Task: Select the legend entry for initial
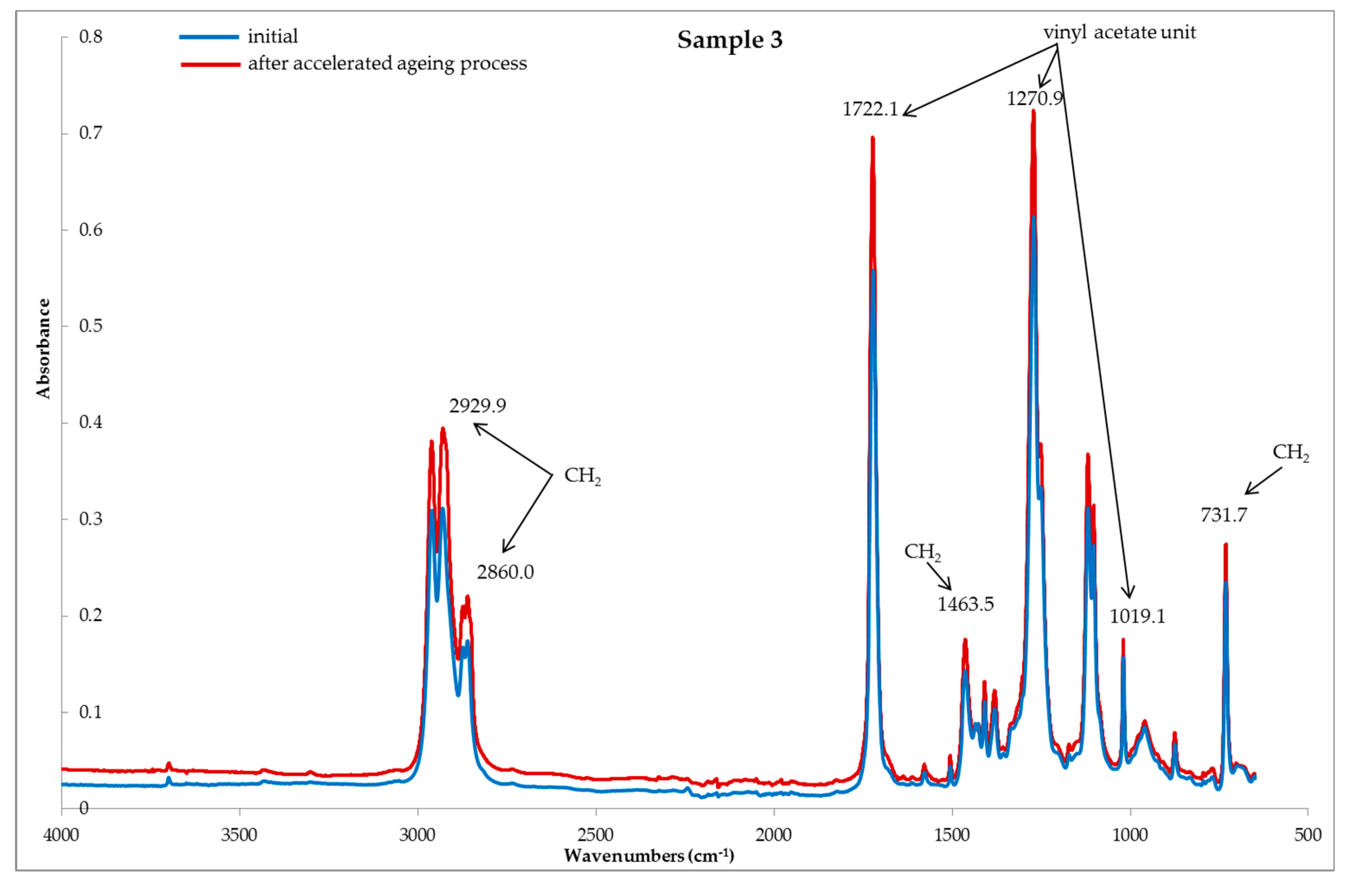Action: point(272,37)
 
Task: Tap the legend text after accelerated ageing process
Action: point(387,63)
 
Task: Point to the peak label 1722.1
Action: point(870,109)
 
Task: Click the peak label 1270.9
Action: point(1034,99)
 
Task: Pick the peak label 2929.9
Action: point(478,405)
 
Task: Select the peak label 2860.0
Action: point(505,572)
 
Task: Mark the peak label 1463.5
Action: point(965,604)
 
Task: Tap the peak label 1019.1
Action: point(1137,616)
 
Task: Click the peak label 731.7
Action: point(1224,515)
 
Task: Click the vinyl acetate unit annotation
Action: point(1119,32)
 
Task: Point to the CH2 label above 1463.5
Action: point(922,552)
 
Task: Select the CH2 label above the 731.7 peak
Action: point(1290,452)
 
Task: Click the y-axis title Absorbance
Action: point(43,349)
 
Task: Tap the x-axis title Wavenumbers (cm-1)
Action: point(649,856)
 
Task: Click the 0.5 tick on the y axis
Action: point(91,326)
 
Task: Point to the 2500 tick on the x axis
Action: point(596,835)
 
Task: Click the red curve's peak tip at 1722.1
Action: point(873,137)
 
